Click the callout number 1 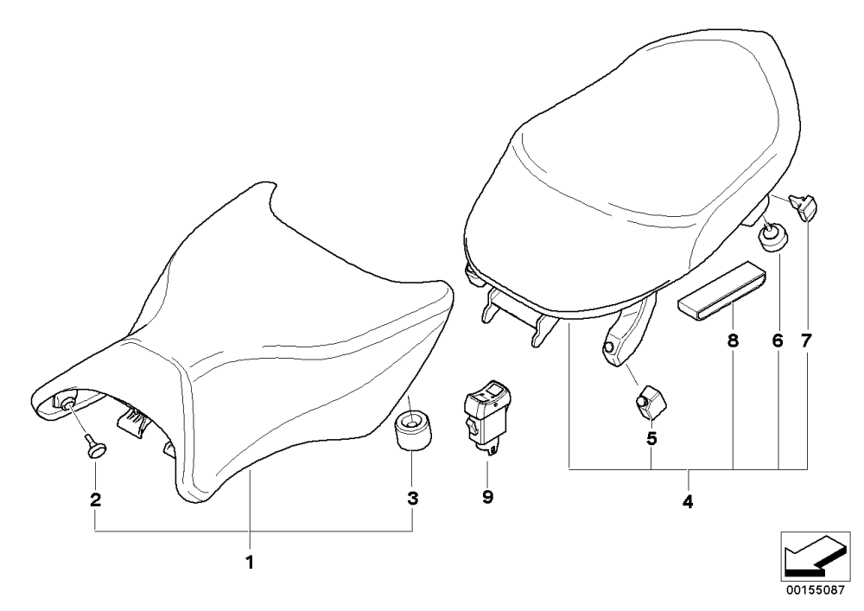(250, 563)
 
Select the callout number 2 (95, 500)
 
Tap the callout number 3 (413, 499)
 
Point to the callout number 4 (688, 502)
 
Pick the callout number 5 (651, 439)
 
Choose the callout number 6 (778, 341)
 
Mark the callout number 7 (806, 341)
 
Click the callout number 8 (733, 341)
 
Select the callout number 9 (487, 497)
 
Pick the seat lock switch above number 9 (486, 419)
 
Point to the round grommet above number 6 (773, 236)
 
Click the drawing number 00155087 (815, 589)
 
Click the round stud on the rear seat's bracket (609, 347)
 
